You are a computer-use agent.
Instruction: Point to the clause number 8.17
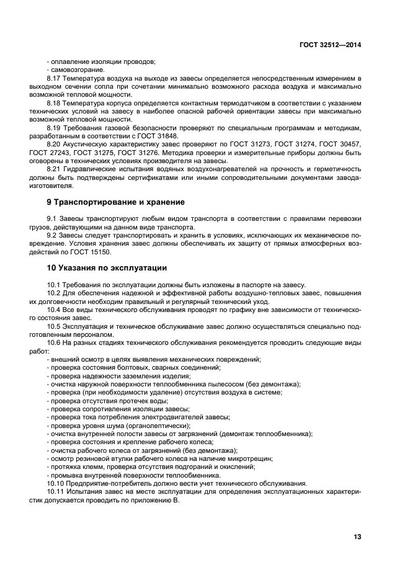click(55, 78)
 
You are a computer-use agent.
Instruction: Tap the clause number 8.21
click(55, 168)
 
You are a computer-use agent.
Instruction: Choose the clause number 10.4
click(55, 309)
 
